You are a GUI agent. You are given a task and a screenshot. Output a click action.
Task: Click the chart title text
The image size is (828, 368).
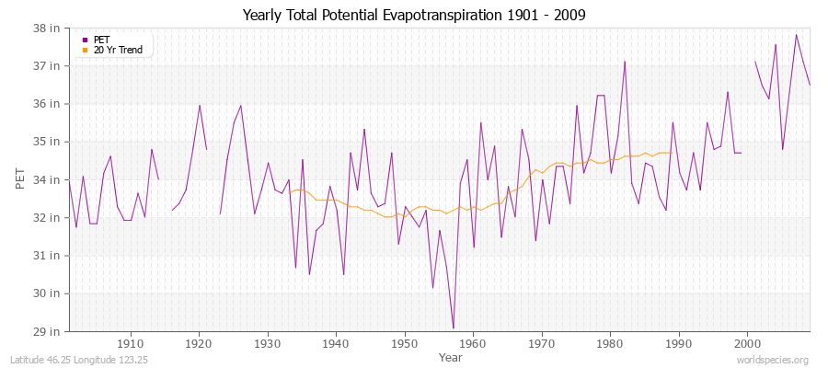(x=414, y=15)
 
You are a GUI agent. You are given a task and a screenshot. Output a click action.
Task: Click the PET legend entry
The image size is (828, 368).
(x=101, y=40)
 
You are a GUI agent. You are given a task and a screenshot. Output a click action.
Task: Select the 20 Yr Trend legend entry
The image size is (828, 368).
(x=118, y=50)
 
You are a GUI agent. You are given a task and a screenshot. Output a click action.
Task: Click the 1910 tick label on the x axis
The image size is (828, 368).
(x=131, y=342)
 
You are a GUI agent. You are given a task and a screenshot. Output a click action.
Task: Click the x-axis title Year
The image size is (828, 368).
(x=451, y=356)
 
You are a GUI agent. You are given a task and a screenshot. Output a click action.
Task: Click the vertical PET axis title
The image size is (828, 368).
(x=21, y=179)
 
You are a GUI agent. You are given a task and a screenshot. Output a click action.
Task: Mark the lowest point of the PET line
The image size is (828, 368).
(x=453, y=328)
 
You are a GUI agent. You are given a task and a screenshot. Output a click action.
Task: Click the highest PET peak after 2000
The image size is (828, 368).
(x=796, y=35)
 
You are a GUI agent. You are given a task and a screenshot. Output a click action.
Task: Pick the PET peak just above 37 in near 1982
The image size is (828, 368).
(x=625, y=62)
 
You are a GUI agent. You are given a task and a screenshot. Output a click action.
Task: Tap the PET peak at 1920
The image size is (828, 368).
(x=199, y=105)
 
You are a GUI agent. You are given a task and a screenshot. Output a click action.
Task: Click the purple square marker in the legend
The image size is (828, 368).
(x=86, y=40)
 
